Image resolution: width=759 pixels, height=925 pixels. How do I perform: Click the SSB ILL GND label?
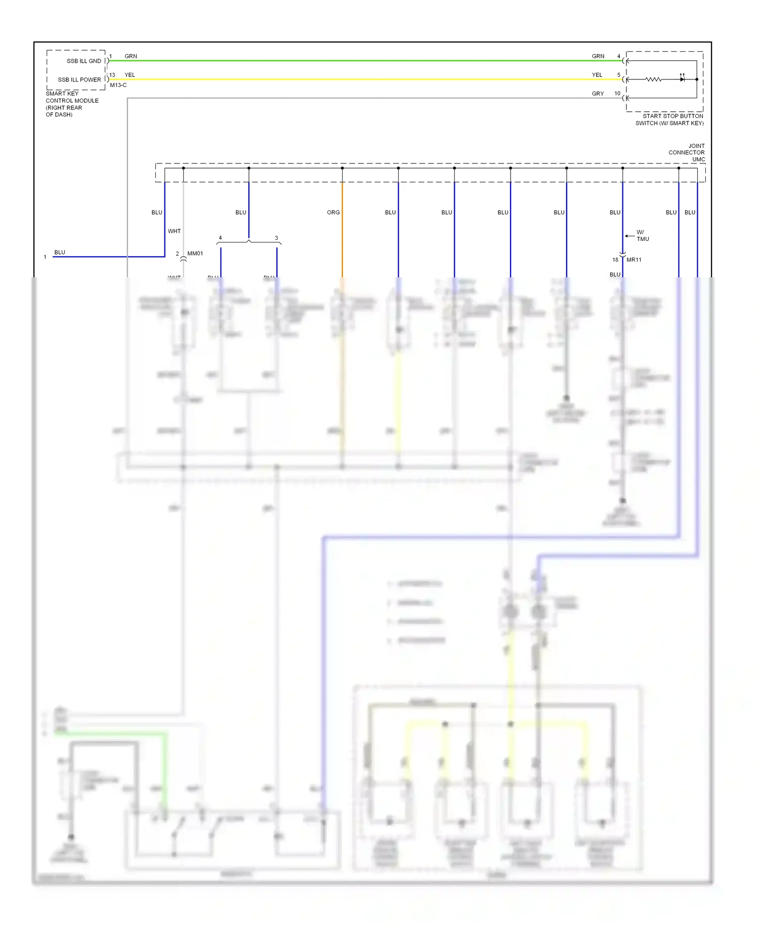pos(83,61)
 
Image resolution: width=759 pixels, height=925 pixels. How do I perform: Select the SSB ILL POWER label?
pos(79,80)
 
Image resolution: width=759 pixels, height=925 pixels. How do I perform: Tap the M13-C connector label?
pos(118,86)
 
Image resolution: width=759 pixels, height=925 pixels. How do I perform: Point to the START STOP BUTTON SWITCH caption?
pos(669,120)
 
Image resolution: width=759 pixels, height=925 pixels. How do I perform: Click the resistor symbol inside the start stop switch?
pos(653,80)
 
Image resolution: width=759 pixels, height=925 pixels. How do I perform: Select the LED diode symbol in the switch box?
pos(682,79)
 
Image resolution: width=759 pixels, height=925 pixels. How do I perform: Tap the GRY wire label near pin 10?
pos(598,94)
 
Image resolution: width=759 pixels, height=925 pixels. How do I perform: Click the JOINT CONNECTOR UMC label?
pos(687,153)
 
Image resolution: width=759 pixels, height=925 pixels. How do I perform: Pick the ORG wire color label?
pos(333,213)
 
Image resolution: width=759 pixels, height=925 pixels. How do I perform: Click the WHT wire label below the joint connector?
pos(174,231)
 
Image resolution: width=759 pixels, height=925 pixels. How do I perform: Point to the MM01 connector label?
pos(195,254)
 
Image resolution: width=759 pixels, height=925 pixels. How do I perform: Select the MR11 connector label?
pos(634,260)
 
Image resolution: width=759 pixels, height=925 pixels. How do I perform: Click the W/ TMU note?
pos(643,236)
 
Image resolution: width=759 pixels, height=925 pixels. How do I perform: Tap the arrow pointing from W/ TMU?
pos(629,236)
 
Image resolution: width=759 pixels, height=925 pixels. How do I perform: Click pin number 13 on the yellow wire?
pos(112,75)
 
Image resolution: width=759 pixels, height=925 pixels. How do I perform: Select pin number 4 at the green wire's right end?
pos(618,57)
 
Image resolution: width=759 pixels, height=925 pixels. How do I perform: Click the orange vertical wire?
pos(342,228)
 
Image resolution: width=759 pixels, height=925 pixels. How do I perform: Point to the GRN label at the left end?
pos(131,57)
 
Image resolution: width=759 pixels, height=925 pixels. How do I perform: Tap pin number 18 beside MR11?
pos(615,260)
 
